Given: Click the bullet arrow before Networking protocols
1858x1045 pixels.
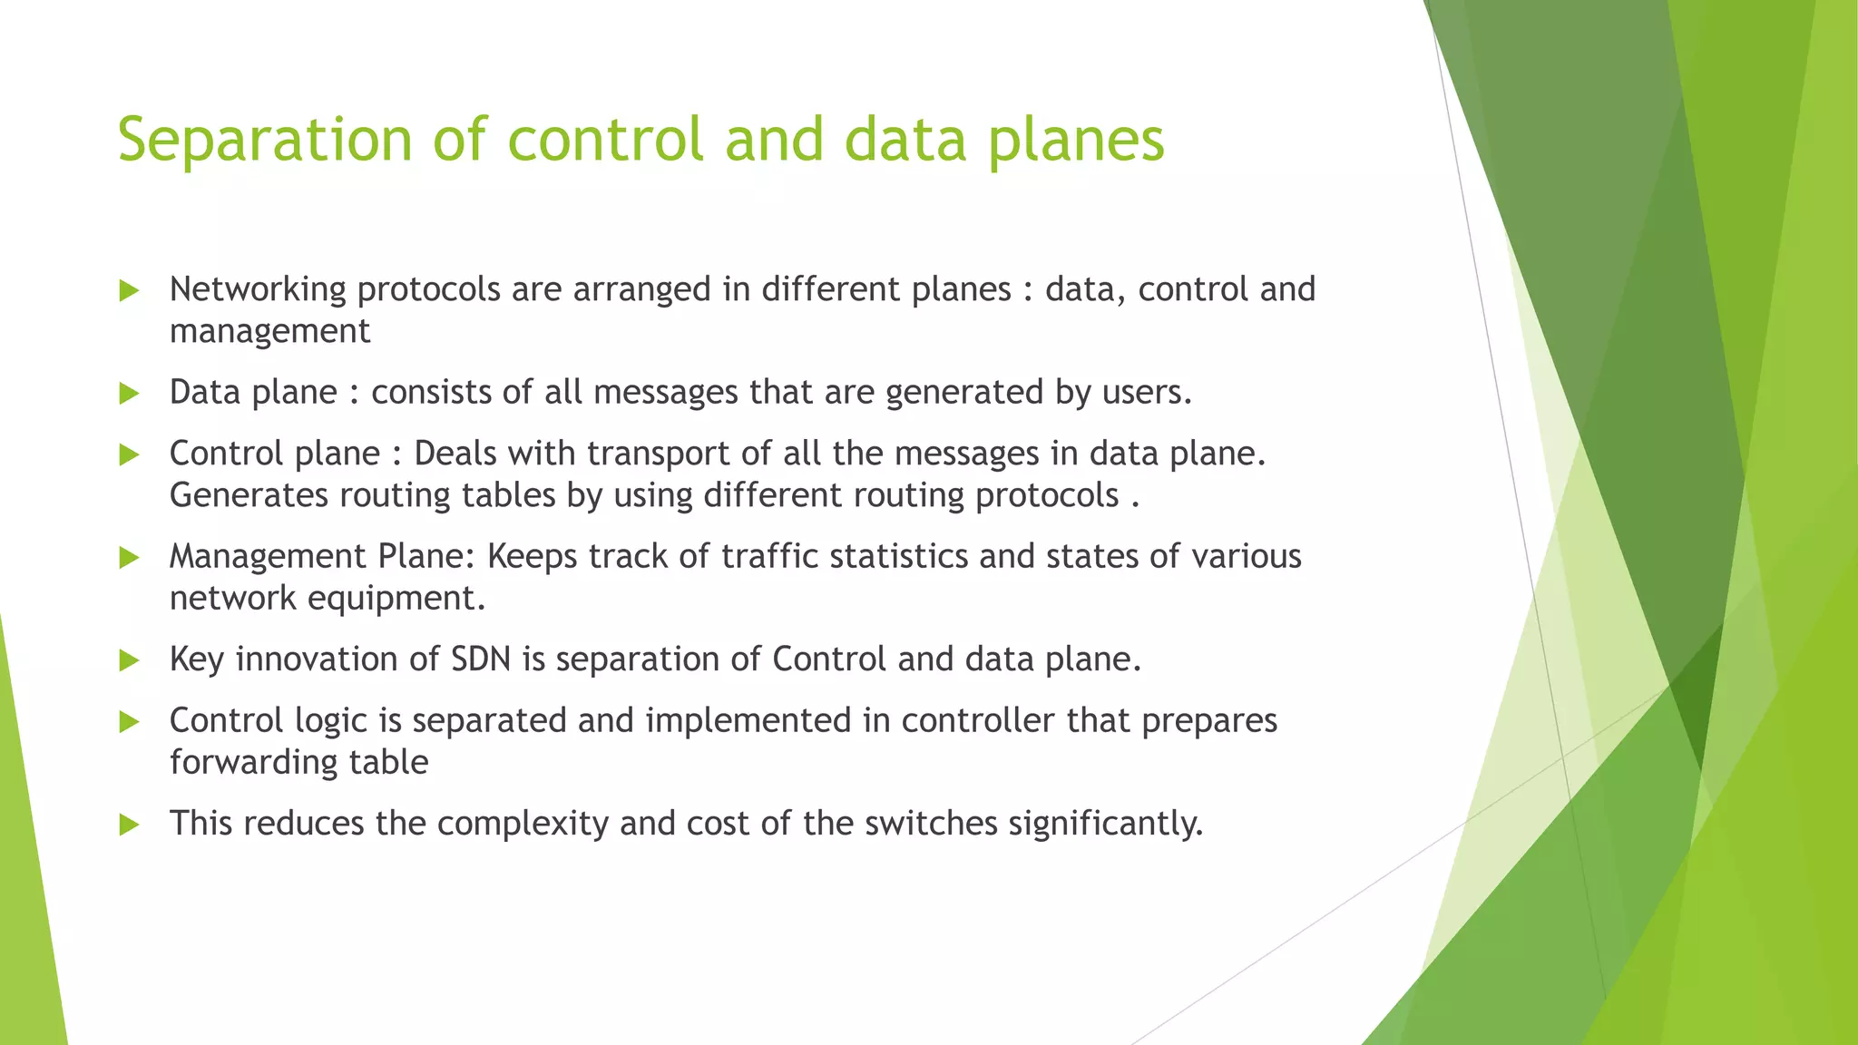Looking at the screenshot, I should coord(129,290).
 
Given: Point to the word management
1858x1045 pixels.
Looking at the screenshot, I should coord(269,331).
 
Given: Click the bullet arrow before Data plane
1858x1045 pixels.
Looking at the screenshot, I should coord(129,393).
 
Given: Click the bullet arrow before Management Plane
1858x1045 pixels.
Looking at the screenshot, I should coord(129,557).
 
